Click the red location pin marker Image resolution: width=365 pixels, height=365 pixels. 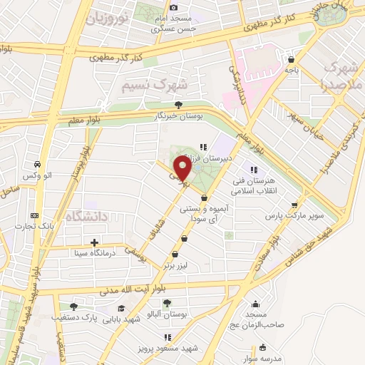pyautogui.click(x=182, y=169)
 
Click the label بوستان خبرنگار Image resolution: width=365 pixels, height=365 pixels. pyautogui.click(x=181, y=115)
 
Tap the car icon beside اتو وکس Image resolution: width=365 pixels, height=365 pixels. pyautogui.click(x=34, y=164)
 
